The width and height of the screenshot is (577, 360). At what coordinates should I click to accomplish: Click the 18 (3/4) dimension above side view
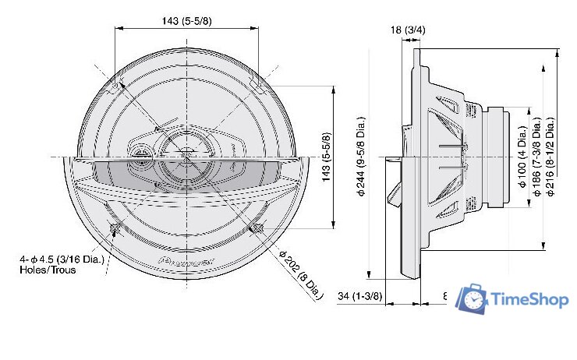(x=407, y=30)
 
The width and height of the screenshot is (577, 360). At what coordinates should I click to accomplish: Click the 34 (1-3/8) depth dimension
(x=361, y=297)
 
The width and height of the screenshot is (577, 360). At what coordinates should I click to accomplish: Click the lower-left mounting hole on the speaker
(x=115, y=228)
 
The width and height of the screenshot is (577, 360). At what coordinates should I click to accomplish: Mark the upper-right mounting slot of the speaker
(x=255, y=87)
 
